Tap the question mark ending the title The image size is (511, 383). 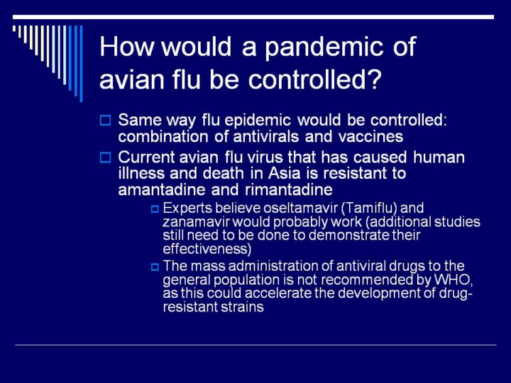coord(373,79)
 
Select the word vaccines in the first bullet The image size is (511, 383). coord(371,136)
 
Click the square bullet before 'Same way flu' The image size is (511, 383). coord(105,120)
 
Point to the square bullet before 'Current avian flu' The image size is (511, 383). coord(105,157)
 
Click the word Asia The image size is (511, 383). coord(284,173)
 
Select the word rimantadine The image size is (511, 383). coord(288,189)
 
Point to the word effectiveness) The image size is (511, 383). coord(207,249)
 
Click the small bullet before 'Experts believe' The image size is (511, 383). coord(155,209)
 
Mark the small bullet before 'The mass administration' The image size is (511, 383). coord(155,267)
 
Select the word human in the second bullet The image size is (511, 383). coord(439,157)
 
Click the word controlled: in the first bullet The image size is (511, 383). coord(408,120)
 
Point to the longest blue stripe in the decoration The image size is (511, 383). coord(81,64)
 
